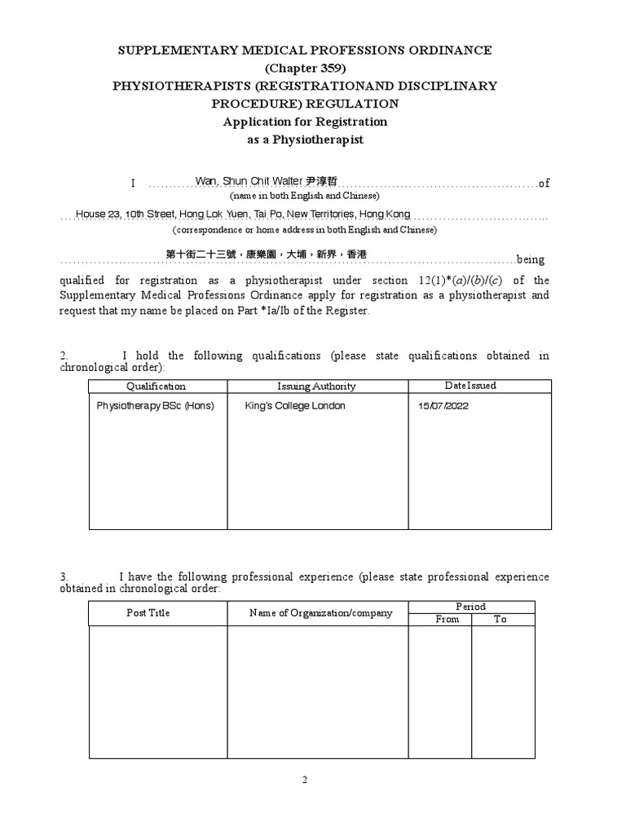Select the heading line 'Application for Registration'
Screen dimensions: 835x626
click(x=305, y=121)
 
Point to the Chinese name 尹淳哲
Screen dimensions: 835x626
click(x=320, y=181)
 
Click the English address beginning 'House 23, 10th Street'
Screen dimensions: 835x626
click(x=243, y=214)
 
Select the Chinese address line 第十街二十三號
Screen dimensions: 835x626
click(x=267, y=254)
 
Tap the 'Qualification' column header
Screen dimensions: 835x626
click(x=156, y=387)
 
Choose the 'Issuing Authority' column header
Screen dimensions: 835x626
click(x=316, y=387)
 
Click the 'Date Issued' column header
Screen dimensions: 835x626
click(x=470, y=386)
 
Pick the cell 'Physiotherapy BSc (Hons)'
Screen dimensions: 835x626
click(x=156, y=406)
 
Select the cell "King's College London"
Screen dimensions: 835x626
click(x=295, y=406)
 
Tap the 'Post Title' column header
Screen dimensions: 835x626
click(x=148, y=612)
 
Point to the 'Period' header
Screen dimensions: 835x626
click(x=471, y=607)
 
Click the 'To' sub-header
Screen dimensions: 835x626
click(x=500, y=620)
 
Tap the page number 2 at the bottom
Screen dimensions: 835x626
click(x=305, y=780)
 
